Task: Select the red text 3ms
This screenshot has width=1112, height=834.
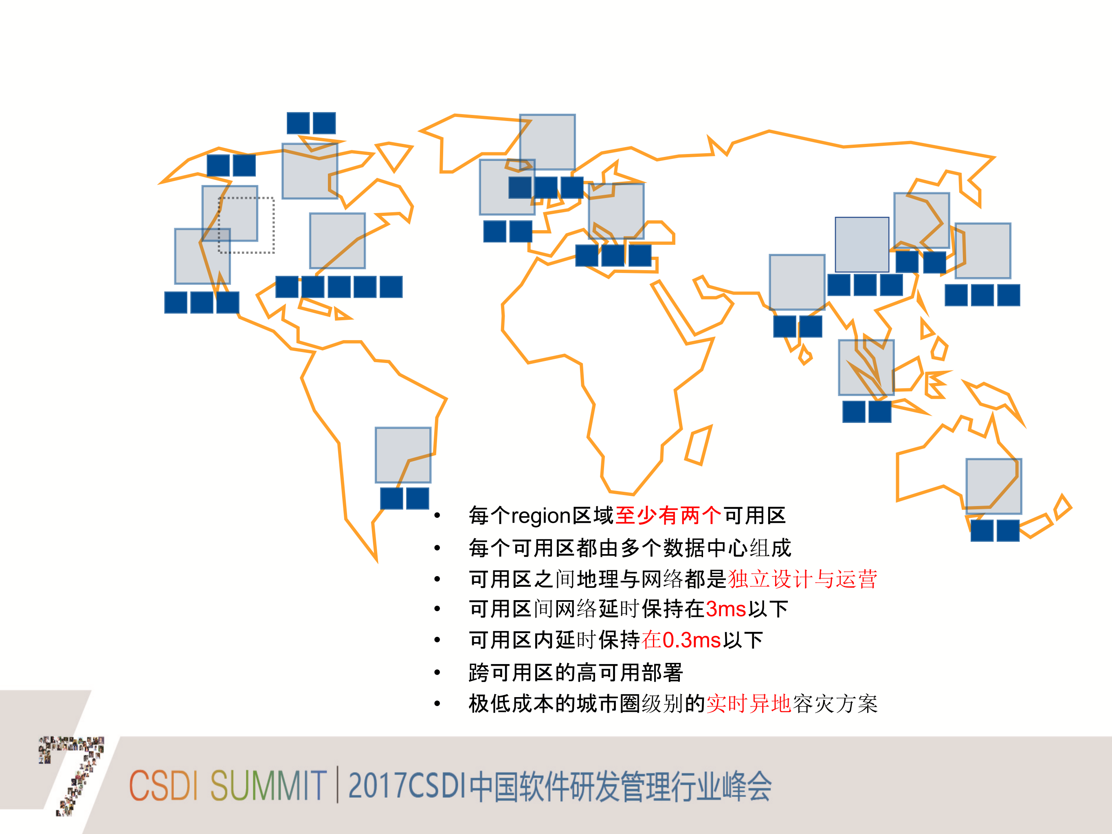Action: (726, 609)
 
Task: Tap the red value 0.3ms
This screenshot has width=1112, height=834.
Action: (692, 640)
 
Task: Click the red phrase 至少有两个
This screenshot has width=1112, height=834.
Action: (668, 516)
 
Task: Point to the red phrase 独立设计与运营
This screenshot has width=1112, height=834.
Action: (802, 579)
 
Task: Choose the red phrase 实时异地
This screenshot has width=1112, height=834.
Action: (749, 704)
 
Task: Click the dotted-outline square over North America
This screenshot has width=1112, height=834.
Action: (246, 225)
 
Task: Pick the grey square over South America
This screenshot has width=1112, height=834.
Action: (403, 455)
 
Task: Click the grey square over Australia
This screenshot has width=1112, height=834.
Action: (993, 486)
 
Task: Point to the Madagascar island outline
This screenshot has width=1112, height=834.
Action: (698, 445)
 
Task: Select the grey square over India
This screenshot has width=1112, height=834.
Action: (797, 282)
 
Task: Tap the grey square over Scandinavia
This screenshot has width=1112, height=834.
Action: (547, 142)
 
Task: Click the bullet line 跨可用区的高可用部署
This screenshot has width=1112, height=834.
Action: (576, 673)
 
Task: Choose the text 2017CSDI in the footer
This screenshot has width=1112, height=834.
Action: (408, 785)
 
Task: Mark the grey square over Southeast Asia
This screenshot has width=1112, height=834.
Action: (866, 367)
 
